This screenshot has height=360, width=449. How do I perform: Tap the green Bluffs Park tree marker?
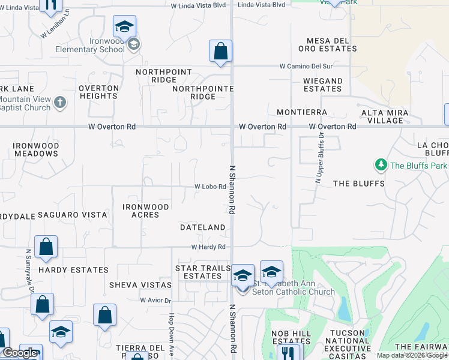[x=380, y=165]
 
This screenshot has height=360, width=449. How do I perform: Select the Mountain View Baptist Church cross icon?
[x=59, y=103]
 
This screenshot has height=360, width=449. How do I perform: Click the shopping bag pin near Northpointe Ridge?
[x=220, y=52]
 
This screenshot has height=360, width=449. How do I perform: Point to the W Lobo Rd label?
[x=209, y=187]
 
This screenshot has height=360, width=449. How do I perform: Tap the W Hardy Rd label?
[x=208, y=247]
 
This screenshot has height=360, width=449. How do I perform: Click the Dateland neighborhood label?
[x=202, y=227]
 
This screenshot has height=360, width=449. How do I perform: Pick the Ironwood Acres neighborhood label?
[x=146, y=211]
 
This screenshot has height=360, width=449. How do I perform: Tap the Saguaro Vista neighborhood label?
[x=72, y=215]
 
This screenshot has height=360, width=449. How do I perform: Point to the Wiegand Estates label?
[x=322, y=85]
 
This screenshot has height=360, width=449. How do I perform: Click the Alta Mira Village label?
[x=385, y=116]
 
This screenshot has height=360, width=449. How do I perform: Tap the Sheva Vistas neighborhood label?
[x=140, y=285]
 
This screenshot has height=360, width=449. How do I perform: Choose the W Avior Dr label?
[x=155, y=300]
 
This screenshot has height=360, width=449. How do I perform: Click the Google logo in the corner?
[x=20, y=353]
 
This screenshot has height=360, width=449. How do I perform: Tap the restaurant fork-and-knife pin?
[x=290, y=354]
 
